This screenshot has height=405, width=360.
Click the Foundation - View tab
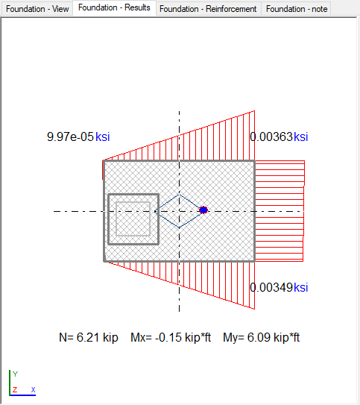pyautogui.click(x=37, y=9)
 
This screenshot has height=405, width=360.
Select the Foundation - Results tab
pyautogui.click(x=114, y=7)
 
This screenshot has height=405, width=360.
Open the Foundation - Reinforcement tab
pyautogui.click(x=208, y=9)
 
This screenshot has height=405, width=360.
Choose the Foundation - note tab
pyautogui.click(x=297, y=9)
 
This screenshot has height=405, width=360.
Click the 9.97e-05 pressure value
pyautogui.click(x=70, y=136)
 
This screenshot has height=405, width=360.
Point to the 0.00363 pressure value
pyautogui.click(x=271, y=136)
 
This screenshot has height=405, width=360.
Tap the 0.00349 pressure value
pyautogui.click(x=271, y=287)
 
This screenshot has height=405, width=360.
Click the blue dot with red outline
pyautogui.click(x=203, y=210)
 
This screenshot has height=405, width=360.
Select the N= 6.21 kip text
pyautogui.click(x=89, y=337)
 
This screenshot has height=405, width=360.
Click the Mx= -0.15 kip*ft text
pyautogui.click(x=171, y=337)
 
